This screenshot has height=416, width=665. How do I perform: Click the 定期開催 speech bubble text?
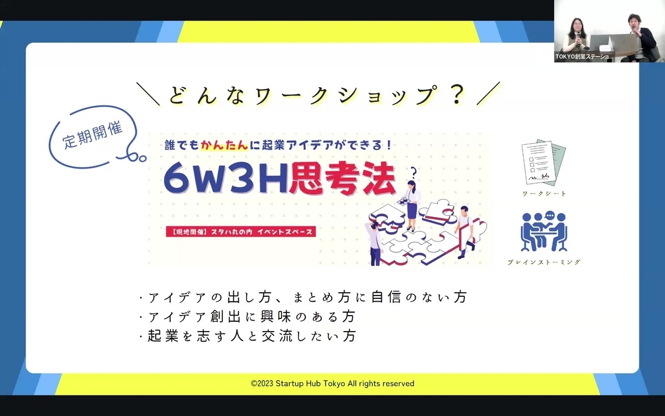coord(93,135)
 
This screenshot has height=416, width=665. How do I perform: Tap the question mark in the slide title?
coord(457,94)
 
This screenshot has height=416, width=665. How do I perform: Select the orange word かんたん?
coord(224,145)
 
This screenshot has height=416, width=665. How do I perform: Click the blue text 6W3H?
coord(226,178)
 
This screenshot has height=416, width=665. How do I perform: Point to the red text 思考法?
coord(342,178)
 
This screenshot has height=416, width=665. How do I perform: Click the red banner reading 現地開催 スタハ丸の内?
coord(241,232)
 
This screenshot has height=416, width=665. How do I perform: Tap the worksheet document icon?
coord(544,162)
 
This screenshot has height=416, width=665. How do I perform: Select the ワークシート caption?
coord(544,194)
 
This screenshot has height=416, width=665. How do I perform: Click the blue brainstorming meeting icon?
coord(544,232)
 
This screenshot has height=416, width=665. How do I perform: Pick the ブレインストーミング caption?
coord(544,262)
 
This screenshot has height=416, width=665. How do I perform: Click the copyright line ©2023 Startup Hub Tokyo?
coord(332,384)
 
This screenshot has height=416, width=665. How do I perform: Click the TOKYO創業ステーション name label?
coord(584,57)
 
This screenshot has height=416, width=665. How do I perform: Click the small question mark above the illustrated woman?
coord(413,173)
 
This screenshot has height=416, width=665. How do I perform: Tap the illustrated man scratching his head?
coord(375,243)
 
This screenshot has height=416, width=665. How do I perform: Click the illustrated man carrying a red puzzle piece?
coord(465,232)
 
